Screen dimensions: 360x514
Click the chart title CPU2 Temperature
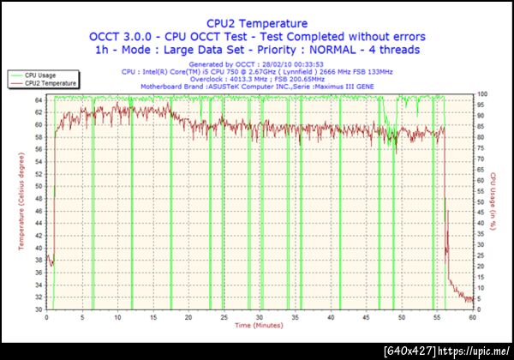click(257, 23)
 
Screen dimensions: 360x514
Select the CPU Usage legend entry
click(40, 75)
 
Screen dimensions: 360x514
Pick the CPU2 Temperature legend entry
click(50, 83)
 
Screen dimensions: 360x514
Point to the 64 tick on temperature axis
click(39, 99)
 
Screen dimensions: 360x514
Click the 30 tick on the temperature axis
click(39, 309)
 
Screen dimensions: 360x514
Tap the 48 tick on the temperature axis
click(39, 198)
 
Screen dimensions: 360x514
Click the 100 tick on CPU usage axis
click(482, 93)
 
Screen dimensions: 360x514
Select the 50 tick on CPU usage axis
click(481, 201)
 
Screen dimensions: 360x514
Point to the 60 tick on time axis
click(472, 317)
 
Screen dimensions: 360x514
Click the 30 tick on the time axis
click(259, 317)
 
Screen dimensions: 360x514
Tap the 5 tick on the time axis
click(81, 317)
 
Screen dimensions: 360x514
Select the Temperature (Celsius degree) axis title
click(21, 202)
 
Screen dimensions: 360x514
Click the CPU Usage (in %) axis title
click(494, 202)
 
